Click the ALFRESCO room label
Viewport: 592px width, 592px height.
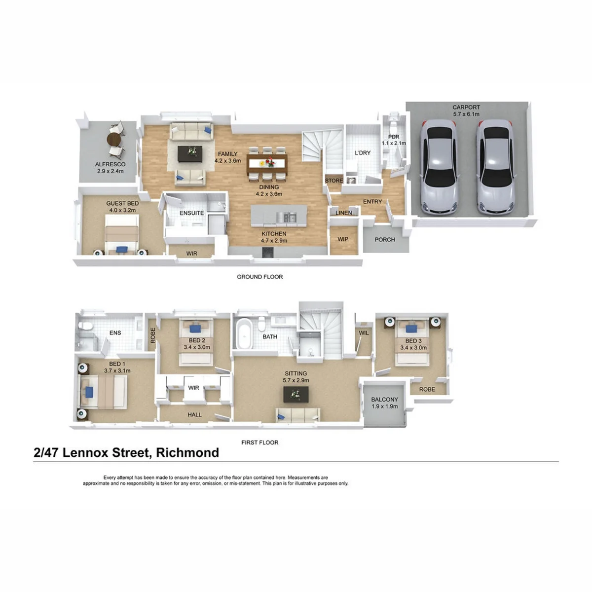(111, 164)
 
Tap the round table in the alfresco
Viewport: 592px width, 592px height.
(114, 140)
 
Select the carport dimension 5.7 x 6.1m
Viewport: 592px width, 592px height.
(466, 114)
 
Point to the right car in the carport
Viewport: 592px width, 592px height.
(495, 167)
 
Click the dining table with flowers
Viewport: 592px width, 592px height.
(267, 163)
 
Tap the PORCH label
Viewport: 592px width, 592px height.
(385, 239)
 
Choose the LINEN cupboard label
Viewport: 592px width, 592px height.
(343, 213)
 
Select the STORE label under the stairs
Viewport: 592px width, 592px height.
(333, 181)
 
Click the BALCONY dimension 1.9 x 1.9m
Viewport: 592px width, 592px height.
(384, 406)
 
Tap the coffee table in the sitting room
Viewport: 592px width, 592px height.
(296, 394)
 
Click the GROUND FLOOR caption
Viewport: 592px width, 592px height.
(259, 277)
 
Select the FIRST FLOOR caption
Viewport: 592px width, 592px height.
(259, 443)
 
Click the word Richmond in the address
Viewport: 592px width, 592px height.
(187, 452)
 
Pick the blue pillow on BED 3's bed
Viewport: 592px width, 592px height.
(410, 329)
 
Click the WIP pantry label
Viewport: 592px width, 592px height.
(343, 239)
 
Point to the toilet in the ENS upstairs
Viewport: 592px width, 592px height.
(83, 326)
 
